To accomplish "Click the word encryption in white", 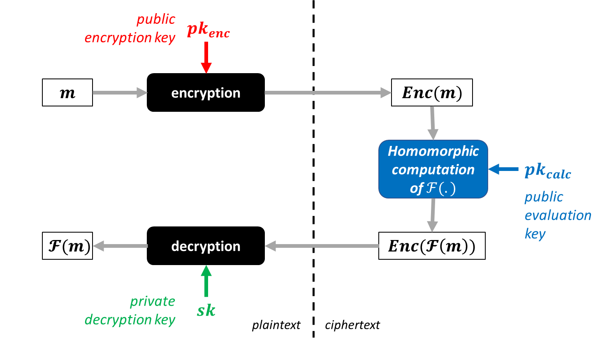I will click(x=206, y=93).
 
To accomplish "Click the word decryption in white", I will click(x=206, y=247).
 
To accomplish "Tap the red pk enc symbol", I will click(x=208, y=30).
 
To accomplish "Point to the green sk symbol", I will click(x=206, y=310).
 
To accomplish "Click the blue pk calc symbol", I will click(x=547, y=171).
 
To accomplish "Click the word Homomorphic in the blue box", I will click(x=433, y=151).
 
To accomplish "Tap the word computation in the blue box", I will click(x=433, y=170).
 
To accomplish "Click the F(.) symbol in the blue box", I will click(x=440, y=189).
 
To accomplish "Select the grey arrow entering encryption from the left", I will click(x=120, y=93).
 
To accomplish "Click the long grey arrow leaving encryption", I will click(x=327, y=93).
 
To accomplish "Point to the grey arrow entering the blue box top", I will click(x=432, y=123).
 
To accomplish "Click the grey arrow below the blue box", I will click(x=432, y=215).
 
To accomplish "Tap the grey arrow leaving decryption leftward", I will click(x=120, y=246).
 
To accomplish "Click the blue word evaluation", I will click(x=558, y=215).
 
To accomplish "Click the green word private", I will click(x=153, y=302).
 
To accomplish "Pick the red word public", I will click(x=156, y=19).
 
